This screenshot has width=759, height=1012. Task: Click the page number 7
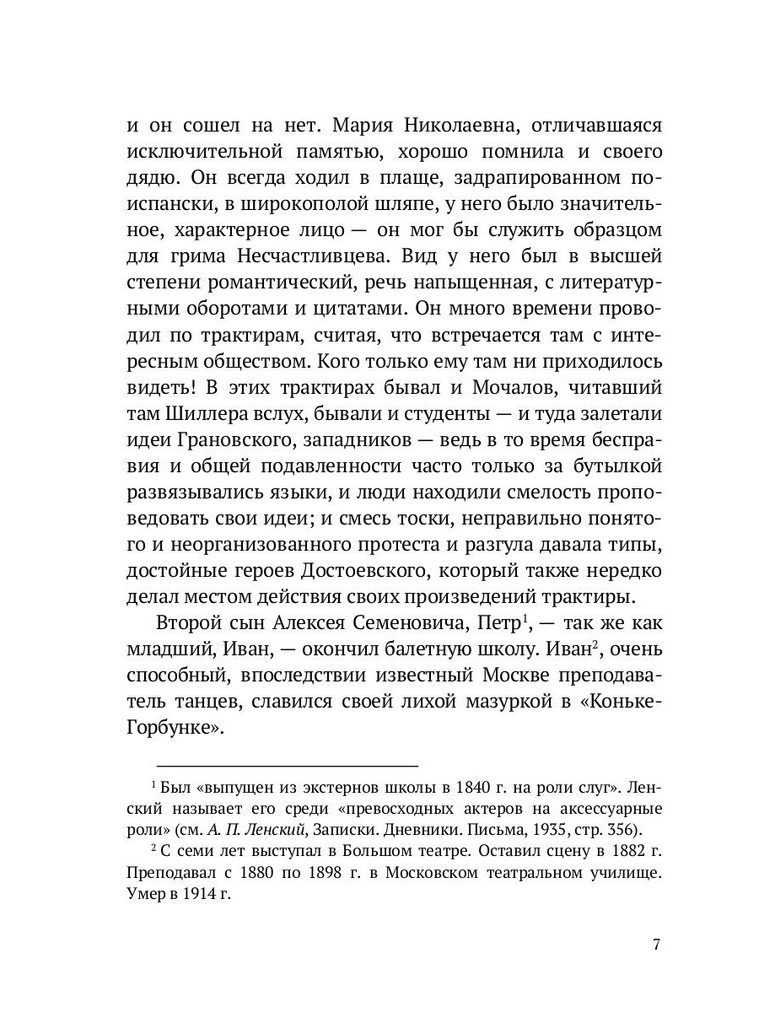656,944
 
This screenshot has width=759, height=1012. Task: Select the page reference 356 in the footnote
622,827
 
